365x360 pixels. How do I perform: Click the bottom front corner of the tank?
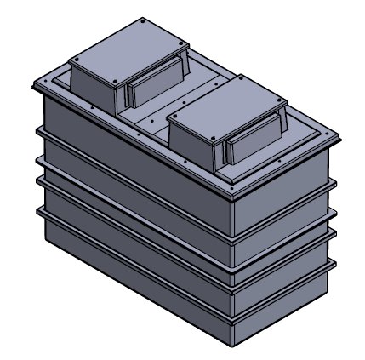(232, 344)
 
